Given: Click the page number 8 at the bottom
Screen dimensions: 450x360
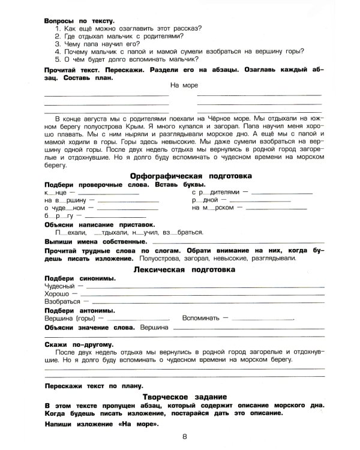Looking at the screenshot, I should (x=185, y=437).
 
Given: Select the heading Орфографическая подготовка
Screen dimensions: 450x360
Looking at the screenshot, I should (x=191, y=176).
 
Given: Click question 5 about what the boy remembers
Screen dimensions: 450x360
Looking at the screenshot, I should (x=127, y=59).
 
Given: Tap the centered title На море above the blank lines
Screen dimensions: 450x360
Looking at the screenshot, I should (x=184, y=85).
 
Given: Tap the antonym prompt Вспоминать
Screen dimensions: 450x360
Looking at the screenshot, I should (x=203, y=318).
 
